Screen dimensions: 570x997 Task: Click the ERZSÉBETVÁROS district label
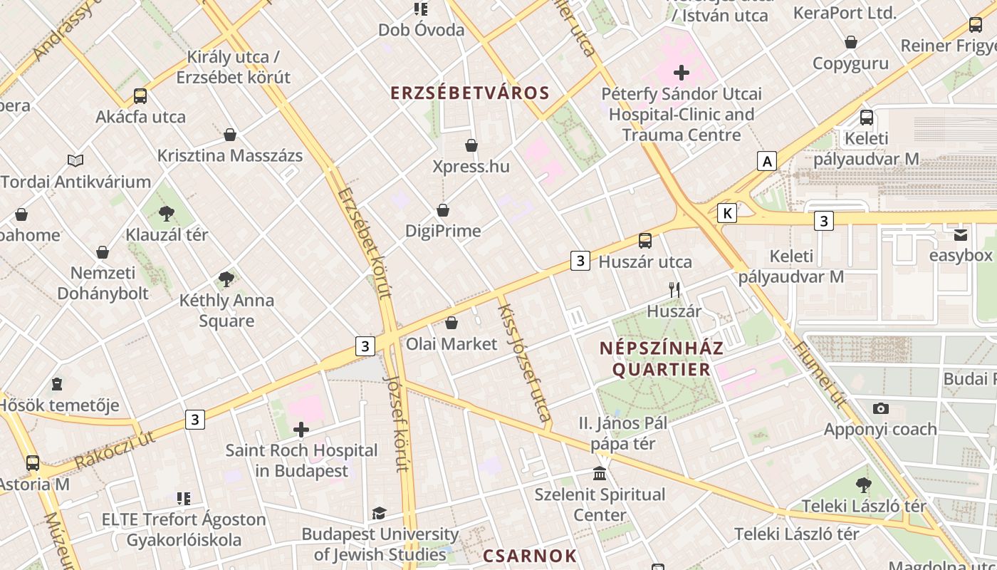pyautogui.click(x=470, y=93)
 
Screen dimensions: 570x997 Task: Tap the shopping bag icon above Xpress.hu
pyautogui.click(x=471, y=145)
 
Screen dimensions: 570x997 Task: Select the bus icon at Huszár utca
pyautogui.click(x=645, y=241)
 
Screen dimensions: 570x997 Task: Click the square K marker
pyautogui.click(x=726, y=212)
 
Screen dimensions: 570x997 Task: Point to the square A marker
pyautogui.click(x=767, y=162)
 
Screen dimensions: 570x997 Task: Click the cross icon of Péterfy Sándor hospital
pyautogui.click(x=682, y=72)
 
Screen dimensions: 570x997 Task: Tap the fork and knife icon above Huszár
pyautogui.click(x=674, y=289)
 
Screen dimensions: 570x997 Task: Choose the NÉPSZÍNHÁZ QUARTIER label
pyautogui.click(x=662, y=359)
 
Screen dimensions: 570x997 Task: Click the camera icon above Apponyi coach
pyautogui.click(x=881, y=408)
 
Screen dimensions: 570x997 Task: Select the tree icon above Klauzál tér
pyautogui.click(x=167, y=213)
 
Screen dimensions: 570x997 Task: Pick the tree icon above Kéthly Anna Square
pyautogui.click(x=226, y=279)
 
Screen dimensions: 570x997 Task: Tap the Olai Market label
pyautogui.click(x=451, y=344)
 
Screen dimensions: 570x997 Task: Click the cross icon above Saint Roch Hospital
pyautogui.click(x=301, y=430)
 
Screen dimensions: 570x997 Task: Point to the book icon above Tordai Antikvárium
pyautogui.click(x=75, y=160)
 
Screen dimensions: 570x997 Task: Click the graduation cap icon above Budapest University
pyautogui.click(x=379, y=513)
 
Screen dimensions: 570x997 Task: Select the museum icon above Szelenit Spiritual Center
pyautogui.click(x=600, y=473)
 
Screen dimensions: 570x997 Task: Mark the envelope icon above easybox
pyautogui.click(x=961, y=234)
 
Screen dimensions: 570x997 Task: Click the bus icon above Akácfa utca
pyautogui.click(x=140, y=96)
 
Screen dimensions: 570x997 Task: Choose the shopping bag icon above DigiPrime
pyautogui.click(x=443, y=210)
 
